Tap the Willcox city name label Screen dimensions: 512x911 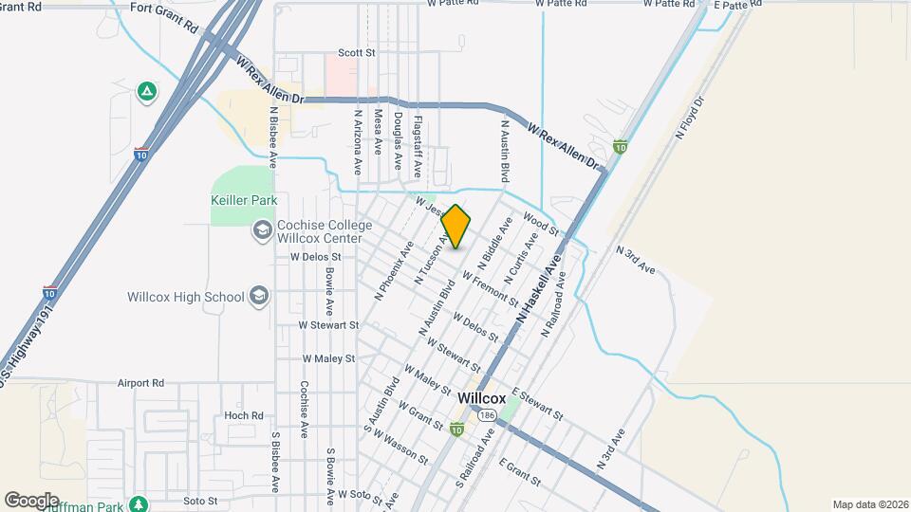pyautogui.click(x=481, y=398)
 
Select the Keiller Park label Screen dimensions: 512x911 pyautogui.click(x=243, y=201)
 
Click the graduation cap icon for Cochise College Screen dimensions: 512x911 pyautogui.click(x=261, y=230)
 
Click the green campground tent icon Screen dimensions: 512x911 pyautogui.click(x=146, y=91)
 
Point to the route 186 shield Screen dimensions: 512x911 pyautogui.click(x=487, y=415)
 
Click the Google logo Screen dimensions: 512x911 pyautogui.click(x=31, y=500)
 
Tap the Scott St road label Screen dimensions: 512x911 pyautogui.click(x=358, y=54)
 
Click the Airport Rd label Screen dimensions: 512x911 pyautogui.click(x=140, y=383)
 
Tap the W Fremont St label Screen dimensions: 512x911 pyautogui.click(x=490, y=287)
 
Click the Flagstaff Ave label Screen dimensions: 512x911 pyautogui.click(x=418, y=148)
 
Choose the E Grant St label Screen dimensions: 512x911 pyautogui.click(x=519, y=473)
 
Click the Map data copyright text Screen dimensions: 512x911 pyautogui.click(x=868, y=503)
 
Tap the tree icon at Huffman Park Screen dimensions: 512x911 pyautogui.click(x=139, y=503)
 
